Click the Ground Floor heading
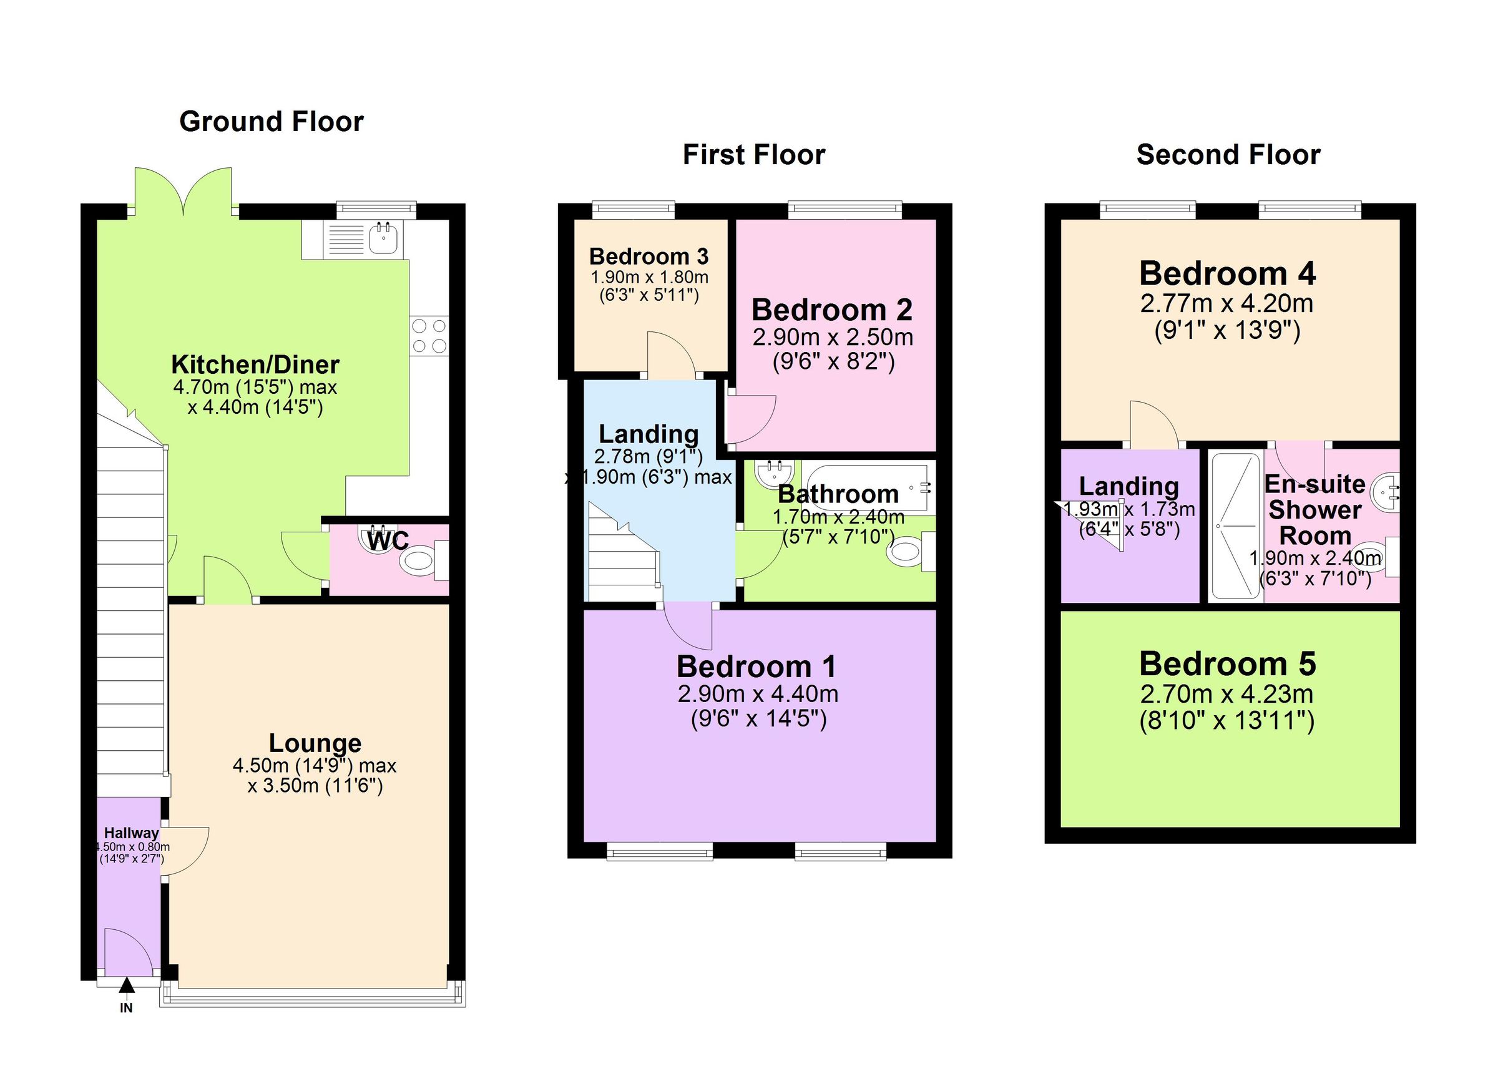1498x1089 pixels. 272,122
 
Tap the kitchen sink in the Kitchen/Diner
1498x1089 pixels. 384,238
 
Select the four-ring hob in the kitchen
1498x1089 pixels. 429,336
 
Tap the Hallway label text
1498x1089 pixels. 132,833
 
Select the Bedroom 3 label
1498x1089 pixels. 649,256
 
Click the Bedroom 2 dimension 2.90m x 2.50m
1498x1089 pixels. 833,338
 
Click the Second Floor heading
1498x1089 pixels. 1228,155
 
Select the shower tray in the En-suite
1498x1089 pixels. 1235,526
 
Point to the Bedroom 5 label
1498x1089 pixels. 1227,664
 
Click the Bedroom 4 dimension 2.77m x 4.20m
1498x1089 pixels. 1226,303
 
